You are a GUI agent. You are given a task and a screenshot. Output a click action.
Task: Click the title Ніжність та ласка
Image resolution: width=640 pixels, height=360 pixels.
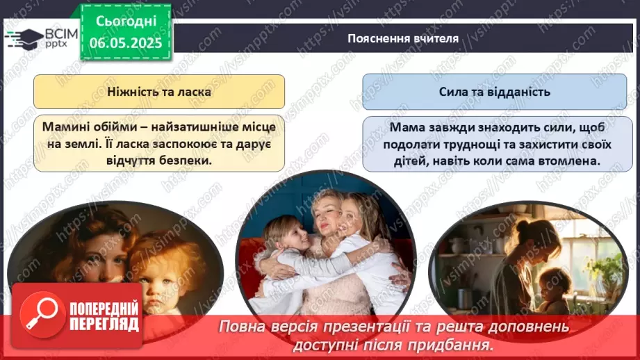(x=159, y=91)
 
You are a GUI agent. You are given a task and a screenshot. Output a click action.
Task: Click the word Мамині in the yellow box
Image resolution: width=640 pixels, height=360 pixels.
(x=69, y=128)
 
